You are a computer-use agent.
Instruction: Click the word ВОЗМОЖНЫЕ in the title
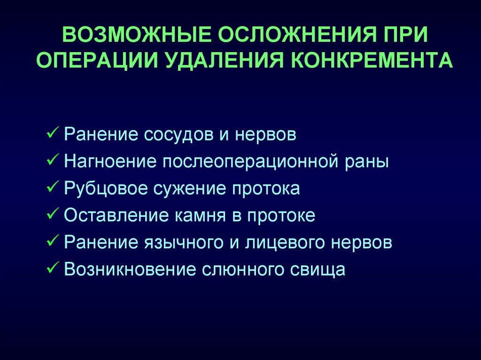136,34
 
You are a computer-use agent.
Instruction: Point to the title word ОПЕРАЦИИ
98,60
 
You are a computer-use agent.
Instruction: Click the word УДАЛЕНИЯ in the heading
225,60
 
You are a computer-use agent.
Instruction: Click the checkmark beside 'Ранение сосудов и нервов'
53,133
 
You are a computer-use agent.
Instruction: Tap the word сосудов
178,135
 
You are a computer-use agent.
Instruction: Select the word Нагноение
110,161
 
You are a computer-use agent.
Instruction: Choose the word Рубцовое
106,188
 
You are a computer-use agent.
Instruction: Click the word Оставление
116,215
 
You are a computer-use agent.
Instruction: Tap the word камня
200,216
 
